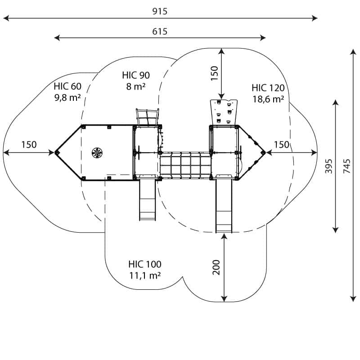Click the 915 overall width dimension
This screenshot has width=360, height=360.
(160, 11)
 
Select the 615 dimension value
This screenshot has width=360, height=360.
(160, 31)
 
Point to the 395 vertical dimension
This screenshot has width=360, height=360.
(329, 166)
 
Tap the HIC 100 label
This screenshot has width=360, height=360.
(144, 264)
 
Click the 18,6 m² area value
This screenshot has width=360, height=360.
(268, 99)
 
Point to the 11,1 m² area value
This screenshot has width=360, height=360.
(144, 275)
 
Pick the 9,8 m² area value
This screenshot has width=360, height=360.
(67, 97)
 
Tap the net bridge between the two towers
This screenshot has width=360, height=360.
(185, 165)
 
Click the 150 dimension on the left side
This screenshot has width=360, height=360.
(29, 145)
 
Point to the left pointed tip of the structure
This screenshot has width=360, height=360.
(57, 153)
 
